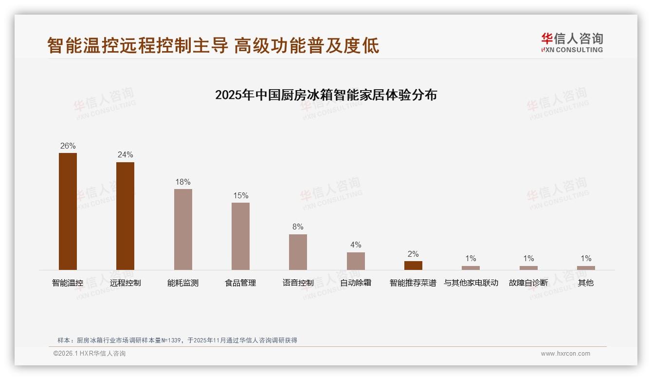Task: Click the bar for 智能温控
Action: coord(68,211)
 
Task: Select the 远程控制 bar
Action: coord(125,216)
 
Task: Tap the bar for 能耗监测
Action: coord(183,229)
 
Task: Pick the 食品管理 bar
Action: coord(240,236)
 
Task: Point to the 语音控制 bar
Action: coord(298,252)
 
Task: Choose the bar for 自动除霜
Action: coord(356,261)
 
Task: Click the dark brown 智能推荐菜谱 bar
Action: coord(413,266)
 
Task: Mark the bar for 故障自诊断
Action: coord(528,268)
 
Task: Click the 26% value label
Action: coord(68,146)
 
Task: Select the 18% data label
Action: coord(183,182)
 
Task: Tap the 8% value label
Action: coord(298,227)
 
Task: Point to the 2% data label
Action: coord(413,254)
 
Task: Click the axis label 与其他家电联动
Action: coord(471,283)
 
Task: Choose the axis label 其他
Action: coord(586,283)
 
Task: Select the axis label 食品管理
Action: coord(240,283)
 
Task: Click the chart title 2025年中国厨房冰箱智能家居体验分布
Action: coord(326,95)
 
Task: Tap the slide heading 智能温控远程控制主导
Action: coord(138,46)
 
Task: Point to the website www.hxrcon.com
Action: coord(565,354)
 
